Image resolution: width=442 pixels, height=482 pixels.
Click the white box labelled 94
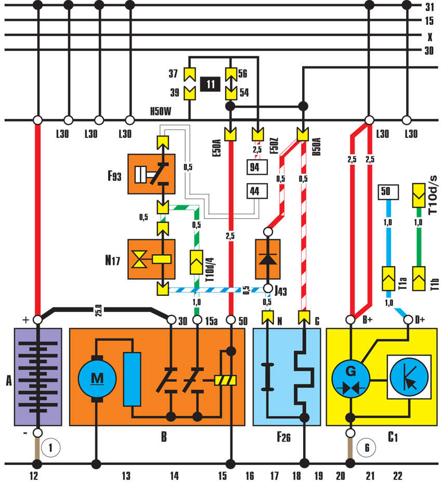[254, 167]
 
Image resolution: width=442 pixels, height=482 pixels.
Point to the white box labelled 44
[254, 191]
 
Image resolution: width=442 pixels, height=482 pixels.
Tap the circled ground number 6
[366, 447]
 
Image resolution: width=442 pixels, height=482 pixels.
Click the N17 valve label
[115, 258]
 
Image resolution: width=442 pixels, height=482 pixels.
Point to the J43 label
[281, 290]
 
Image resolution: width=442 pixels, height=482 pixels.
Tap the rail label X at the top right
[430, 36]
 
